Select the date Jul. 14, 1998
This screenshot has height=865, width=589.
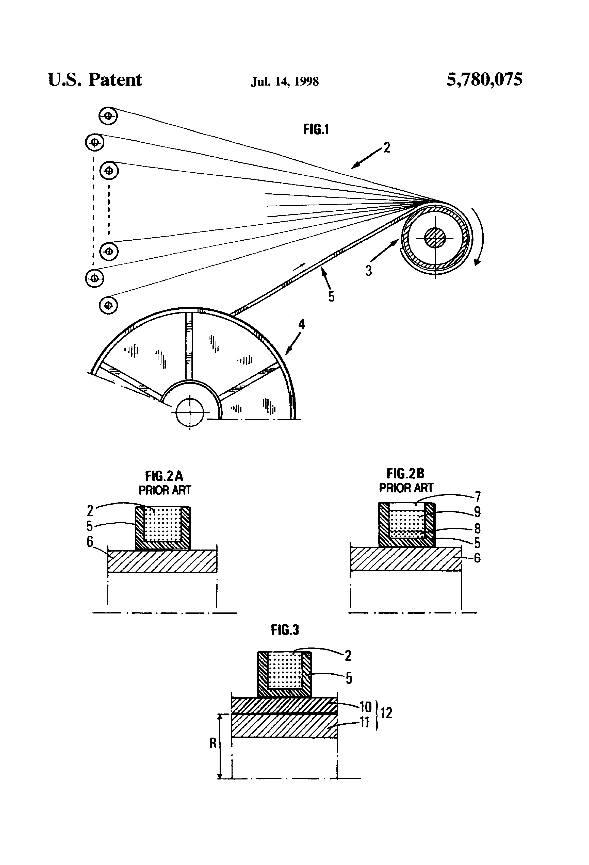(x=285, y=81)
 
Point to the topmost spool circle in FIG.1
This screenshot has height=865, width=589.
(x=108, y=116)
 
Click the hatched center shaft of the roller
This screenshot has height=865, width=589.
(x=435, y=238)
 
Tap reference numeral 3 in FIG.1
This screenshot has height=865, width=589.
(x=369, y=270)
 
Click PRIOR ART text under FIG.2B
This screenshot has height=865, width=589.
(x=406, y=488)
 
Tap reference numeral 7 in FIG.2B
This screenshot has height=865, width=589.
(x=478, y=496)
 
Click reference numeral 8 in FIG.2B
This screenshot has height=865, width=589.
(x=478, y=528)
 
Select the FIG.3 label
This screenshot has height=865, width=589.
(x=285, y=630)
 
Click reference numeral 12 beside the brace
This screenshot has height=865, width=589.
(x=386, y=713)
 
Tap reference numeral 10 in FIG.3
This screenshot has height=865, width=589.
(x=366, y=706)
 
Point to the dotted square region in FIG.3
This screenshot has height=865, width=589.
(x=285, y=670)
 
